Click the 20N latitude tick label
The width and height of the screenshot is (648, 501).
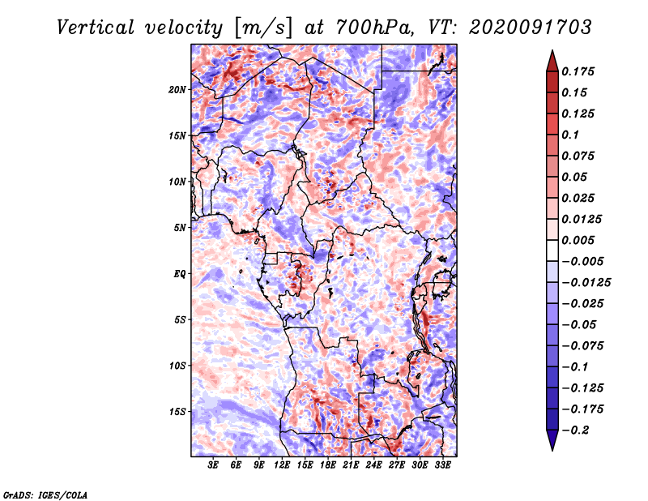click(x=177, y=89)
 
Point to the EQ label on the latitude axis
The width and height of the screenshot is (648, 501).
click(x=180, y=273)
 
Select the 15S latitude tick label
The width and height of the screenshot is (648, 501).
click(x=177, y=411)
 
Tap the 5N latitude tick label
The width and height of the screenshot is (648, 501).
click(x=180, y=227)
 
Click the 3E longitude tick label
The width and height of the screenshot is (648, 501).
click(x=213, y=466)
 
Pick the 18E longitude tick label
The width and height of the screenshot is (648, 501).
click(x=328, y=466)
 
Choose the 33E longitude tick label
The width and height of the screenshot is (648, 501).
click(x=443, y=466)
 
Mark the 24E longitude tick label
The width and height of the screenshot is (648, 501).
click(x=374, y=466)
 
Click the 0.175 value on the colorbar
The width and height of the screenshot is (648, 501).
click(x=580, y=71)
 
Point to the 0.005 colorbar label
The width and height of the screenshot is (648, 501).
click(x=580, y=240)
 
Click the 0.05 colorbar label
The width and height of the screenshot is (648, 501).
click(x=577, y=177)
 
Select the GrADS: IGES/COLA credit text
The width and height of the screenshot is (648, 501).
click(x=45, y=494)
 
